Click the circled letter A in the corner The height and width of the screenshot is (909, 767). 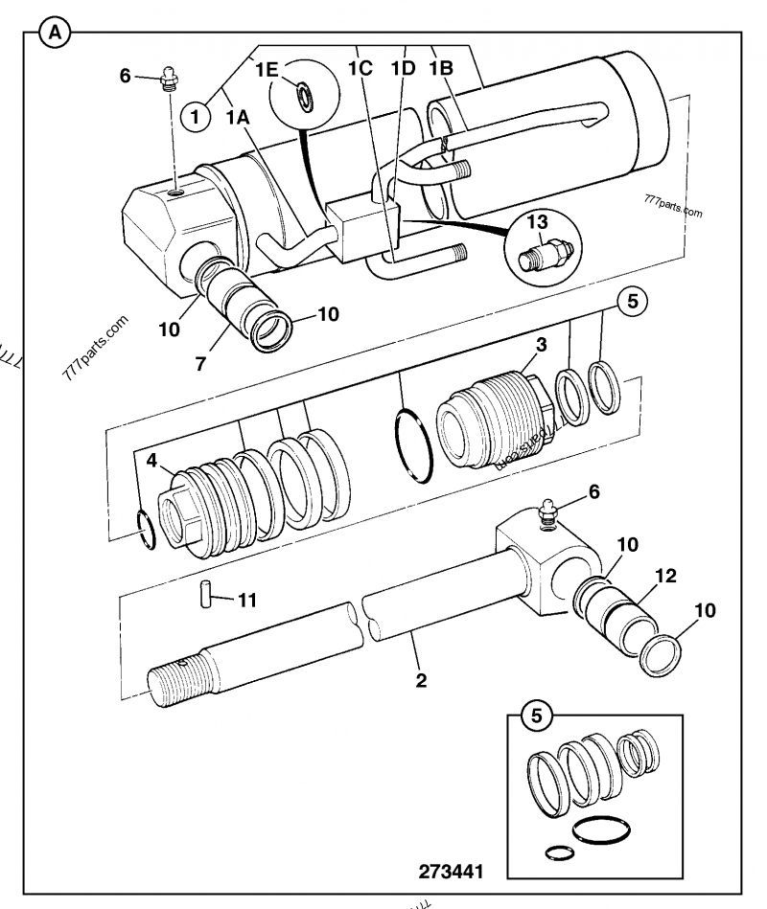coord(55,33)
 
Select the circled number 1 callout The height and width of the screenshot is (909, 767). coord(196,117)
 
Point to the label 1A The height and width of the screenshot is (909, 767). coord(238,117)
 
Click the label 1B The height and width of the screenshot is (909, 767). coord(441,69)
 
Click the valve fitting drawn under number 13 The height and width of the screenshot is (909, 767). coord(543,256)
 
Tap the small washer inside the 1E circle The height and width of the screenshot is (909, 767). coord(305,95)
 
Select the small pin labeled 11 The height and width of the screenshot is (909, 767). coord(204,592)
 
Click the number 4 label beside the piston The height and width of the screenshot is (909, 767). coord(152,460)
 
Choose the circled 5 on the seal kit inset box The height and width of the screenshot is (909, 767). coord(535,715)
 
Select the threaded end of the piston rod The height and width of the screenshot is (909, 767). coord(177,679)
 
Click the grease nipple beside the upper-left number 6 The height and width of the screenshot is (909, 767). coord(170,75)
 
